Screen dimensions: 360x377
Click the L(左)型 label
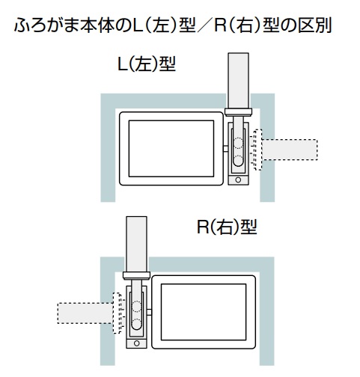click(147, 64)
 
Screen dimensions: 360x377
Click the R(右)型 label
click(227, 227)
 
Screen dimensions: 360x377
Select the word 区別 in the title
click(315, 25)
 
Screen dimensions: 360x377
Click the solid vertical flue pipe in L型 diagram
click(238, 81)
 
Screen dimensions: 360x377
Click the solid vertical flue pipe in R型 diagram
click(136, 245)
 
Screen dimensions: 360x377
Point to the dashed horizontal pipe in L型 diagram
click(290, 150)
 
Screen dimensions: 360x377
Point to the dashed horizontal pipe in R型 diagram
click(85, 313)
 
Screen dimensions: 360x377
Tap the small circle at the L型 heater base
click(238, 180)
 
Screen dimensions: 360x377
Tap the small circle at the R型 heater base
click(136, 343)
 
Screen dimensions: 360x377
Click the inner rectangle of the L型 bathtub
click(171, 149)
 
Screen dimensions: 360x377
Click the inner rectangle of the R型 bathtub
click(204, 312)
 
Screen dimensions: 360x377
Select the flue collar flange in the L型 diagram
click(238, 112)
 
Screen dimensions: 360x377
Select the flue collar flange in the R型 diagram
click(136, 275)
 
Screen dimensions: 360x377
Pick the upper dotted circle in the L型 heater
click(238, 143)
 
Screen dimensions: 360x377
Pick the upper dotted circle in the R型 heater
click(136, 307)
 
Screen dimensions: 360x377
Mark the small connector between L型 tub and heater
click(225, 149)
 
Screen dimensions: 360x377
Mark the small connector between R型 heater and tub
click(149, 313)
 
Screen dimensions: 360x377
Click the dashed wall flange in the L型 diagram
click(258, 150)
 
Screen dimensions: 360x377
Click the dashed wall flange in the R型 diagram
click(117, 313)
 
